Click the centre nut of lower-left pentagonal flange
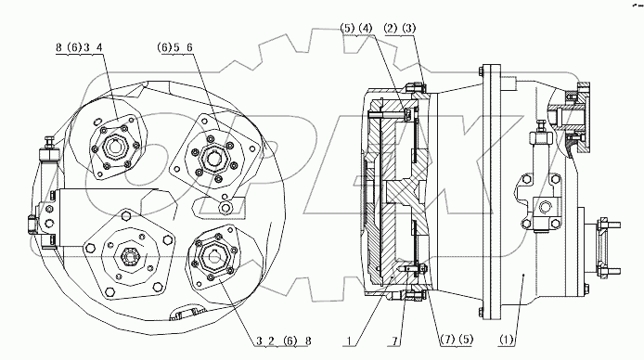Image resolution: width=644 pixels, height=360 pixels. pos(127,254)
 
